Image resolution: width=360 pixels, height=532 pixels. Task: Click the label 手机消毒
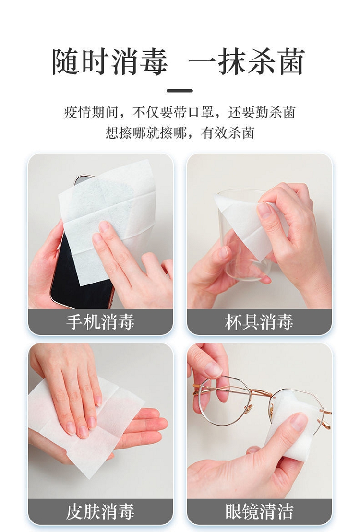point(100,322)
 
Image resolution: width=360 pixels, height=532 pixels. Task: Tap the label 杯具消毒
point(259,322)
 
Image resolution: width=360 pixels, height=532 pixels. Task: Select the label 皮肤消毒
point(100,512)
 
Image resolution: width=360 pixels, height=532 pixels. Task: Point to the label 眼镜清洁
point(259,512)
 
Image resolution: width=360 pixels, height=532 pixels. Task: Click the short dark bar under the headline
point(180,91)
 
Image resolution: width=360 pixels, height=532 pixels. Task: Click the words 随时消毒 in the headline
point(110,62)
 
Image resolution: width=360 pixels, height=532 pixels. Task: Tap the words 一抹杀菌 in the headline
point(247,62)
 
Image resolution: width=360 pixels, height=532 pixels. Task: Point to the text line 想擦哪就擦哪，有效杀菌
point(180,133)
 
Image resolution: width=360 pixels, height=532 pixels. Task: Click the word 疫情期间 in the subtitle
point(91,112)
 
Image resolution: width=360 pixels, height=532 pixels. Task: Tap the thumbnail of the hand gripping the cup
point(264,211)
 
